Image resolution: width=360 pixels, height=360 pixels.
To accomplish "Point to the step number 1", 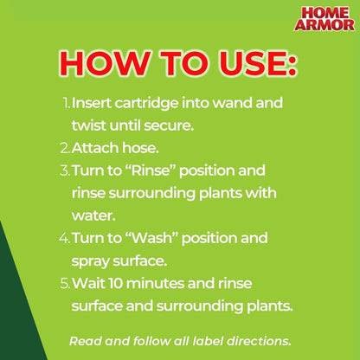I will click(66, 102).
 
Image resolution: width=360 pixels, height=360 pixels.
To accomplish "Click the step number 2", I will click(66, 147).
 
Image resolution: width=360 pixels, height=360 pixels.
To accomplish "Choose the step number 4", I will click(66, 237).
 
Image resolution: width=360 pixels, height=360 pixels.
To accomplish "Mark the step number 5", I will click(66, 282).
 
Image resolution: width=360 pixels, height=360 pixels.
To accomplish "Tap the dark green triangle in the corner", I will click(12, 312).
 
